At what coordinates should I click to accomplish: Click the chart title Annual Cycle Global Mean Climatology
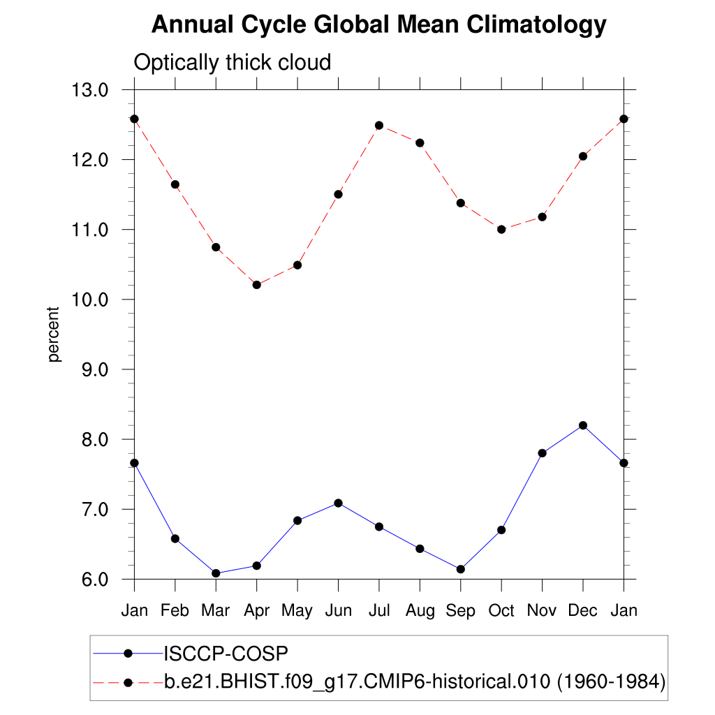(378, 25)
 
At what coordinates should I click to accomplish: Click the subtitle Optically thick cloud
(232, 62)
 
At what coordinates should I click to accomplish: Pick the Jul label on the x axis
(379, 610)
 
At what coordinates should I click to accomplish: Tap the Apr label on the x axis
(257, 610)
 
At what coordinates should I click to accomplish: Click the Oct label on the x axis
(501, 610)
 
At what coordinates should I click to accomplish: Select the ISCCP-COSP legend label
(226, 654)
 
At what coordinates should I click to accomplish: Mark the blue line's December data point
(583, 425)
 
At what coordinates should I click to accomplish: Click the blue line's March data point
(216, 573)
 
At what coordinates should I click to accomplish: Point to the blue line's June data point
(338, 503)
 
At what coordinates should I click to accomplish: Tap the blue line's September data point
(460, 569)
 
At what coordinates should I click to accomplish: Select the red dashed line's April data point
(257, 285)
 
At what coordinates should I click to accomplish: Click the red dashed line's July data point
(379, 126)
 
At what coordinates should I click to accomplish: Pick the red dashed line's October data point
(501, 229)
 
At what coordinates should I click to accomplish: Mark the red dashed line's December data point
(583, 156)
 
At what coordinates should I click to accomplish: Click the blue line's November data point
(542, 453)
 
